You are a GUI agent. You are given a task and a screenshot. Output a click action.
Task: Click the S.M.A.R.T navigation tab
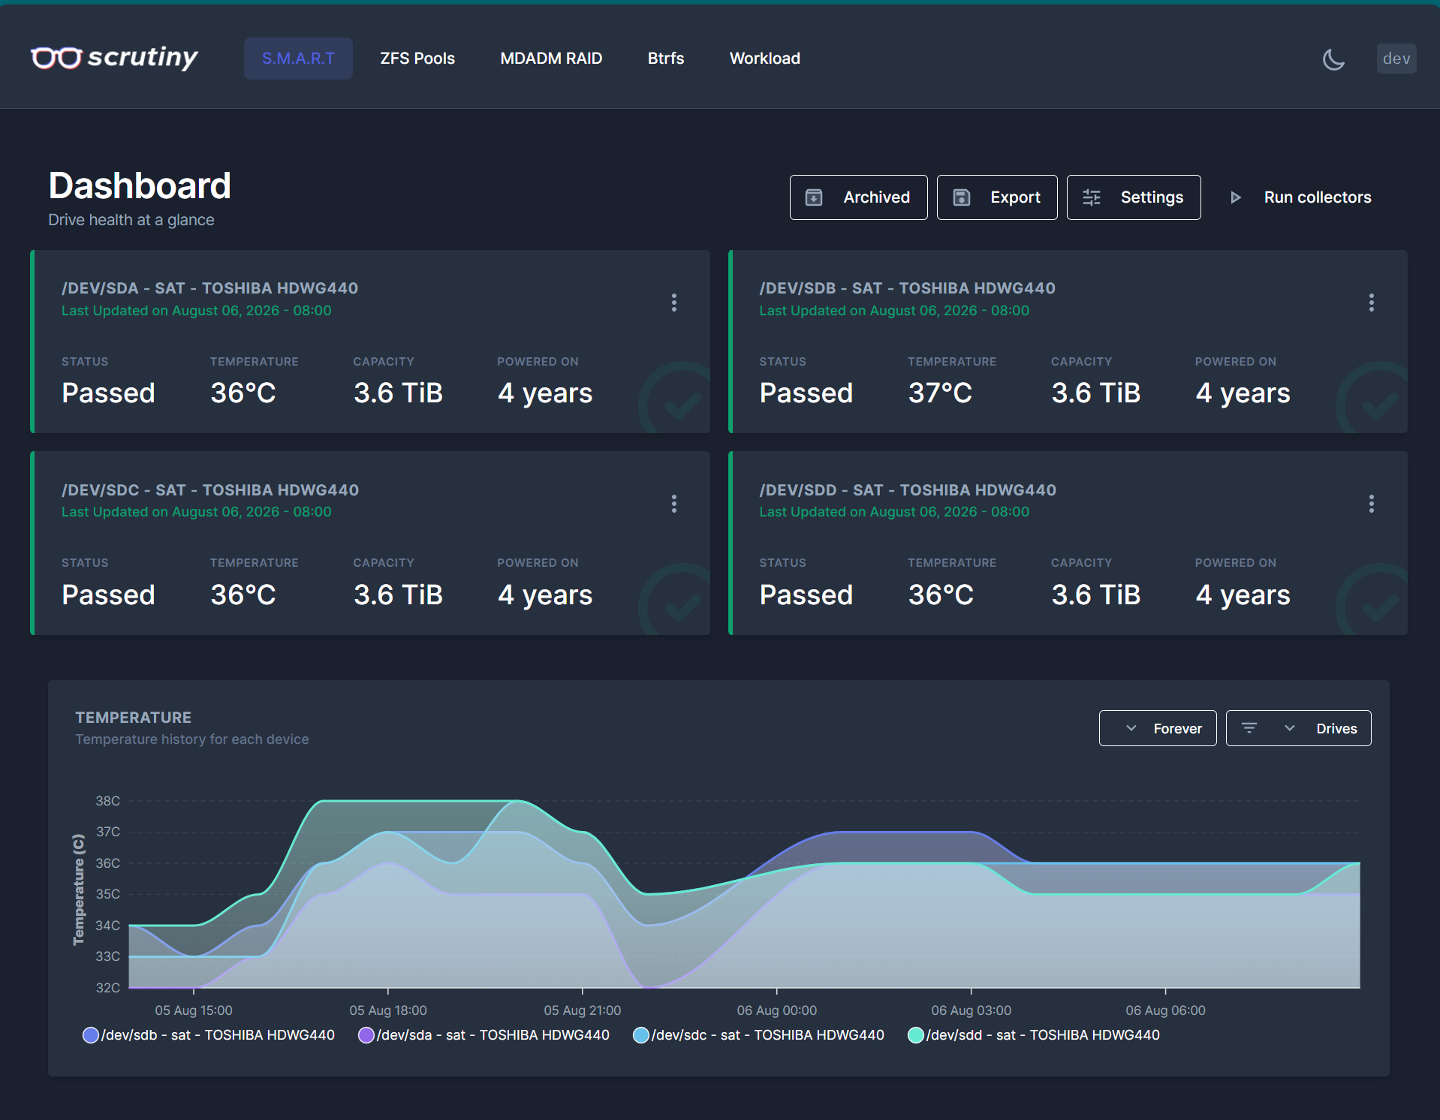click(x=298, y=59)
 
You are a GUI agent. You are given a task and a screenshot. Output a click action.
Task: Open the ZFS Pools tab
click(x=417, y=59)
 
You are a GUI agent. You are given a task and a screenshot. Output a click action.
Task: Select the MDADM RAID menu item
click(x=551, y=59)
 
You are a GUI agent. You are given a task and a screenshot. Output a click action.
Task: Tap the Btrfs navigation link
click(x=666, y=59)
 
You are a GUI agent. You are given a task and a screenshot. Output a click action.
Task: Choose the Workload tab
click(x=765, y=59)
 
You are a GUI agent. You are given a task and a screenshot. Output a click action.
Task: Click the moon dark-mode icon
click(x=1333, y=59)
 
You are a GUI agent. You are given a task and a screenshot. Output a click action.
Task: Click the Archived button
click(x=858, y=197)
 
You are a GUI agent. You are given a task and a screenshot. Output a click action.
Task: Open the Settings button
click(x=1134, y=197)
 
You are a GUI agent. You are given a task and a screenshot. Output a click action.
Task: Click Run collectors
click(x=1301, y=197)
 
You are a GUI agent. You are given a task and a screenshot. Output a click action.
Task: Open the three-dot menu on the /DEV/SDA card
click(x=674, y=303)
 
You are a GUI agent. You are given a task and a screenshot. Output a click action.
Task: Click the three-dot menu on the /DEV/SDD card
click(x=1372, y=504)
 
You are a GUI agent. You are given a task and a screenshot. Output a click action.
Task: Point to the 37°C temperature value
click(x=940, y=393)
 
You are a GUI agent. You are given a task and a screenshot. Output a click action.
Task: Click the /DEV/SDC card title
click(x=210, y=490)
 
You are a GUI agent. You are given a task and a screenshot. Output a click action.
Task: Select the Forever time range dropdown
click(x=1158, y=728)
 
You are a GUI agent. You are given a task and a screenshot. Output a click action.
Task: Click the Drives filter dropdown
click(x=1298, y=728)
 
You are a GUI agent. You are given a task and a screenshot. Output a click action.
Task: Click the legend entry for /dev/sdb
click(x=209, y=1035)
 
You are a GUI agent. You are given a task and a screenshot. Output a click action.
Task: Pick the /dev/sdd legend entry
click(x=1034, y=1035)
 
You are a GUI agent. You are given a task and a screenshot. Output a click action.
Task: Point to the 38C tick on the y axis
click(x=108, y=801)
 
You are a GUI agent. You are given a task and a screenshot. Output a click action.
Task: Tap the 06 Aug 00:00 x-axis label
click(x=777, y=1010)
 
